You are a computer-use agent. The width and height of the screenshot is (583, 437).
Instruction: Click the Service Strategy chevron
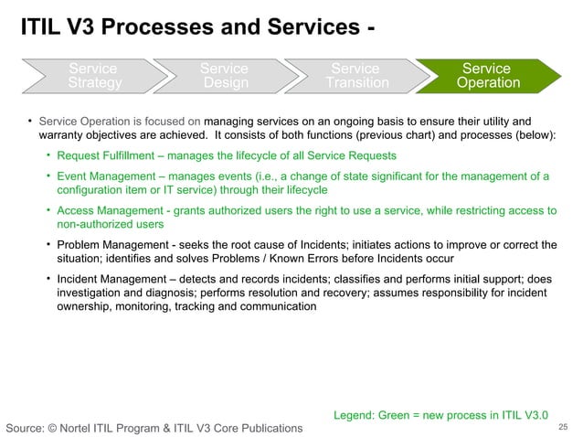(x=92, y=76)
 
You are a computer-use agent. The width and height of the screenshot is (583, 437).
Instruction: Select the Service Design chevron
(x=224, y=76)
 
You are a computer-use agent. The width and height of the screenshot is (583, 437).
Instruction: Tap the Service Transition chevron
(x=355, y=76)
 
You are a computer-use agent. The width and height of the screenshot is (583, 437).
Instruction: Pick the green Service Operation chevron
(x=486, y=76)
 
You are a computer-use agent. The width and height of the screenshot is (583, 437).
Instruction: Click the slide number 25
(x=563, y=427)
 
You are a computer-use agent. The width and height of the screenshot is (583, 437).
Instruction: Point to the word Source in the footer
(x=26, y=428)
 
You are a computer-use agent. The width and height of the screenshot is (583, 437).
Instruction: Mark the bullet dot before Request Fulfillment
(x=48, y=155)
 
